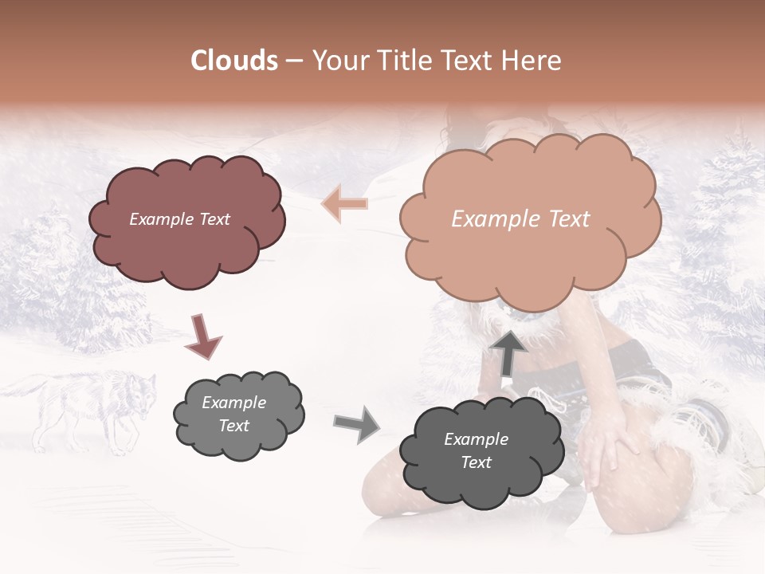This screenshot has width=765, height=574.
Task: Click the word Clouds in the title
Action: [234, 61]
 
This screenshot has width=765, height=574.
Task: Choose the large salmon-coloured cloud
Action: [529, 219]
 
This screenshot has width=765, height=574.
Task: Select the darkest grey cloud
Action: [475, 451]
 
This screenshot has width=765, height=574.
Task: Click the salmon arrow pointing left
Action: [344, 204]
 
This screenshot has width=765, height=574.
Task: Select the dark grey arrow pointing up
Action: [508, 352]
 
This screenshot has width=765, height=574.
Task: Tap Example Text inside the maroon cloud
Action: [180, 219]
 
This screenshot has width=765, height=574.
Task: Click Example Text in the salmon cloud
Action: [520, 219]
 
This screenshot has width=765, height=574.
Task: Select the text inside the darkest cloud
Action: [476, 450]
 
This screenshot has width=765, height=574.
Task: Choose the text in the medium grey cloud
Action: [234, 415]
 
